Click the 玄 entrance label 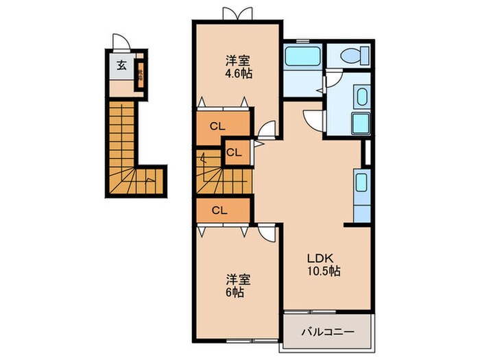click(x=121, y=66)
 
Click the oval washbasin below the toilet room click(x=361, y=97)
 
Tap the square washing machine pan click(x=361, y=124)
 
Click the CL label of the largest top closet click(x=219, y=125)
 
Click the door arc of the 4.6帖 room click(x=268, y=129)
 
